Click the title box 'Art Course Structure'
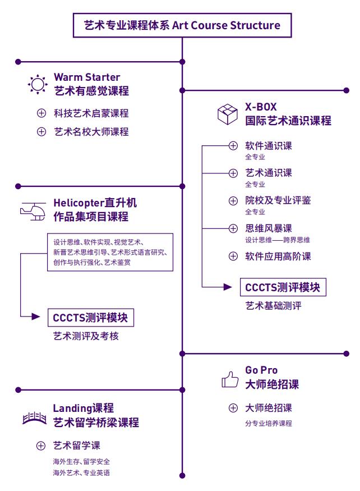[182, 25]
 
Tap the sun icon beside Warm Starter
[38, 85]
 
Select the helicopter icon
[33, 210]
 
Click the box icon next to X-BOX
[228, 114]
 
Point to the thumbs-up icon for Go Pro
[230, 380]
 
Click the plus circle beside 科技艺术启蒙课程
[41, 113]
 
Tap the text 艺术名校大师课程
[91, 132]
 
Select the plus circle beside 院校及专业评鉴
[233, 201]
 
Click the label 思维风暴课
[269, 228]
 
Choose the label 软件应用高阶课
[278, 256]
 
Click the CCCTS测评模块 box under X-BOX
[283, 287]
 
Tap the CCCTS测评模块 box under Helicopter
[90, 318]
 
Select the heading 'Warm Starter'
[87, 77]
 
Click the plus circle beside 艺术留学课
[41, 446]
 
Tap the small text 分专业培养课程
[269, 424]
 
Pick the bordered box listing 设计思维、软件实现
[110, 252]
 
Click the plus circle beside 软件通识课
[233, 146]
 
